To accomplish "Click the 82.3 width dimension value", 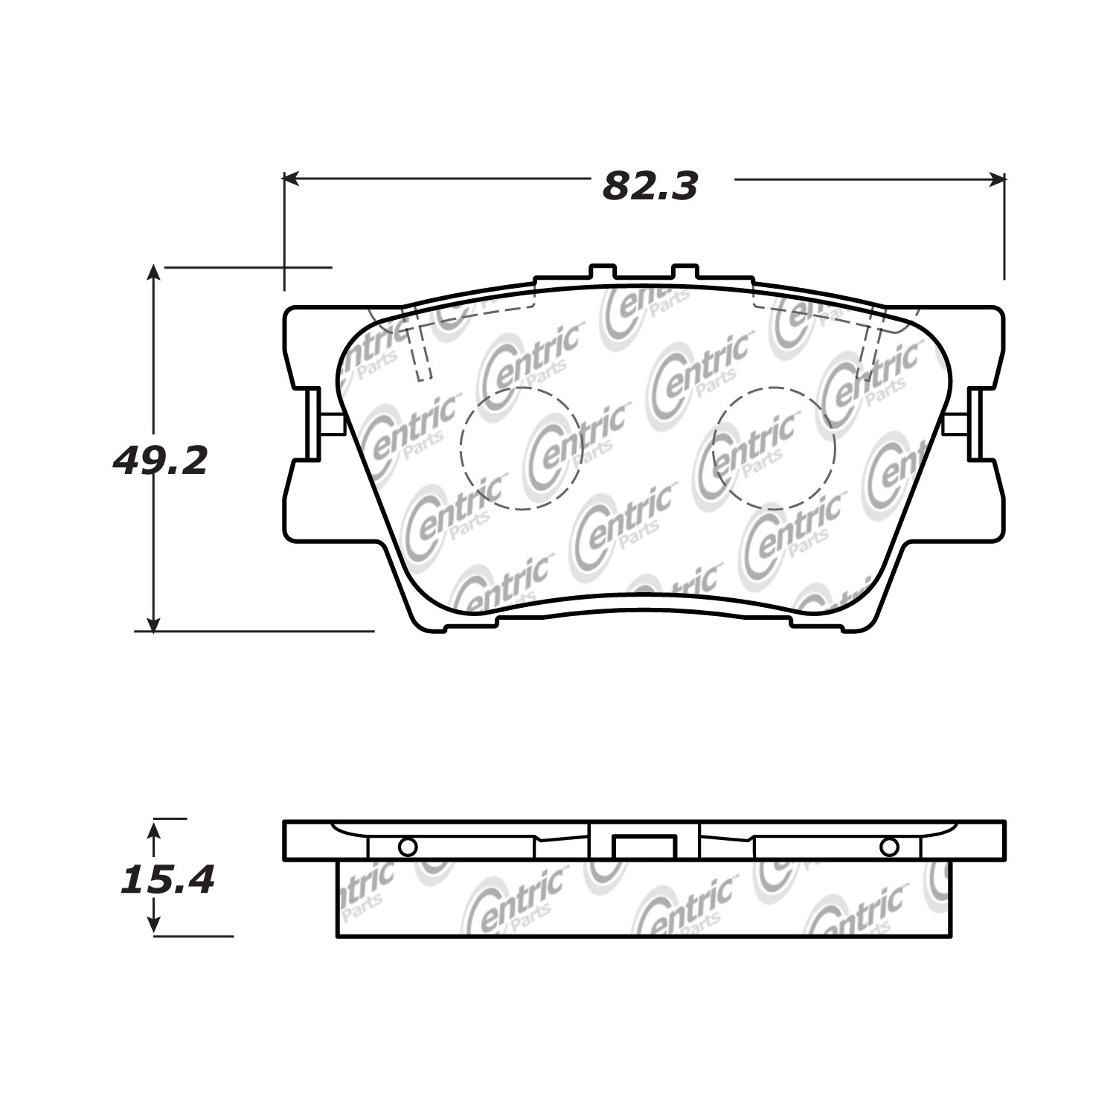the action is (x=650, y=187).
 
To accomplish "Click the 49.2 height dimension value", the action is (x=159, y=461).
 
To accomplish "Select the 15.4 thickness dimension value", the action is (x=167, y=880).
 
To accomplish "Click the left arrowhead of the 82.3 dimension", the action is (x=291, y=179).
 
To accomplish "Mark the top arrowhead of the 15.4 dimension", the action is (x=153, y=826).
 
